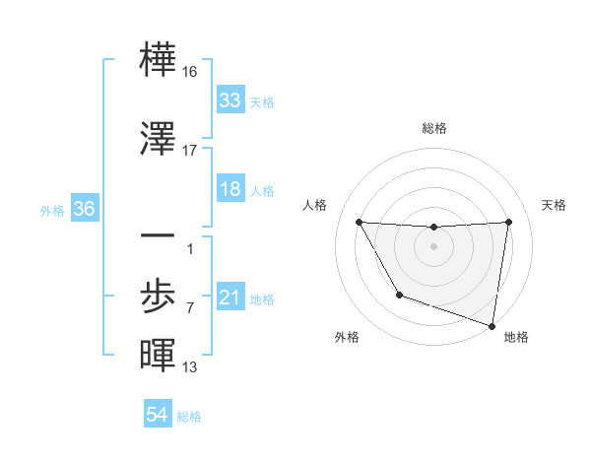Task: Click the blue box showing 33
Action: tap(230, 100)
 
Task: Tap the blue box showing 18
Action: tap(230, 190)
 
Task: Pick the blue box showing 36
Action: tap(84, 210)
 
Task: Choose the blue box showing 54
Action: tap(157, 416)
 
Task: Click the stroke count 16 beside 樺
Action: tap(190, 72)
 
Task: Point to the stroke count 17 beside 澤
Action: tap(190, 151)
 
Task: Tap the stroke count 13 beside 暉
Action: tap(190, 367)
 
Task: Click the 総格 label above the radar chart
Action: tap(434, 128)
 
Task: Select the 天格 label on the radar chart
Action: tap(555, 205)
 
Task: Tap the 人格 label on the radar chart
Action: tap(315, 205)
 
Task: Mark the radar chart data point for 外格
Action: tap(399, 295)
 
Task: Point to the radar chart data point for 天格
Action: tap(508, 222)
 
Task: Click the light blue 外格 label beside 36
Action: tap(51, 211)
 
